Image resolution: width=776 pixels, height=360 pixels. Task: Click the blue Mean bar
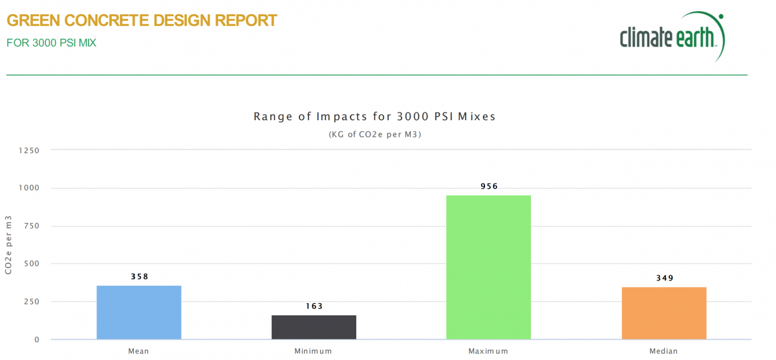coord(139,312)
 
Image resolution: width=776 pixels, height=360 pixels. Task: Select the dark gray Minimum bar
coord(314,327)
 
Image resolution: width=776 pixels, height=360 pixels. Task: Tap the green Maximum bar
coord(488,267)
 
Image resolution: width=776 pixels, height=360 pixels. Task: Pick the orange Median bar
coord(663,313)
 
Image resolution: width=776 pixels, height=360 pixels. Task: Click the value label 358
coord(139,277)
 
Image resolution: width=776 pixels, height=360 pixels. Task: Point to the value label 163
coord(314,306)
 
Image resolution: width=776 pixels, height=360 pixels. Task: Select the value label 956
coord(489,186)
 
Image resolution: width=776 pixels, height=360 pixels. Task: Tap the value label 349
coord(663,278)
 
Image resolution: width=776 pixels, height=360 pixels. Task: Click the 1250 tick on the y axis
coord(30,151)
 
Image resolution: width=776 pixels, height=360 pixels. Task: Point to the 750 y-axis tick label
coord(32,226)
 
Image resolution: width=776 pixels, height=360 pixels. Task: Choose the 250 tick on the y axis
coord(32,302)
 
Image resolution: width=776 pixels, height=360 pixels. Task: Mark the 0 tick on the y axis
coord(37,339)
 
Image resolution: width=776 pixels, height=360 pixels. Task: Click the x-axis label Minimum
coord(314,351)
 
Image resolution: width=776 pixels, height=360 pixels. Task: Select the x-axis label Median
coord(663,351)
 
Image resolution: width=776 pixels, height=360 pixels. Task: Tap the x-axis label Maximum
coord(488,351)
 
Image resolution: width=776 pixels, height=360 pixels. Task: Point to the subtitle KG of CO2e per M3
coord(375,134)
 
